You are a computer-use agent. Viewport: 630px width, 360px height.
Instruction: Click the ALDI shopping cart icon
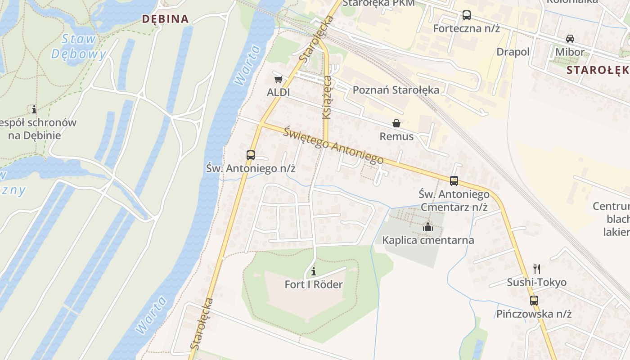(x=278, y=80)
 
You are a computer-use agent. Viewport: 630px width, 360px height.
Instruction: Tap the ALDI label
(x=279, y=93)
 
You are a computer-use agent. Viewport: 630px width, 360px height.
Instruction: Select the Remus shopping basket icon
(x=396, y=123)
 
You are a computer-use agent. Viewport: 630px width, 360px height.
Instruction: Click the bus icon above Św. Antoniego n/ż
(x=251, y=155)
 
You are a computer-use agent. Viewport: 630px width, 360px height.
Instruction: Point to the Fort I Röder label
(x=314, y=284)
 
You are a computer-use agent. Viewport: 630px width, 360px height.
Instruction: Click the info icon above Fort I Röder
(x=314, y=271)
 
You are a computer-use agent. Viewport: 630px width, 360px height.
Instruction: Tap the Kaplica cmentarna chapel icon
(x=427, y=227)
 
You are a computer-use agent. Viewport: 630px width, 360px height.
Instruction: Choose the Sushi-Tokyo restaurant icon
(x=536, y=269)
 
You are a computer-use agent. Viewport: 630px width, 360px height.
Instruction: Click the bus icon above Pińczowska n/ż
(x=534, y=300)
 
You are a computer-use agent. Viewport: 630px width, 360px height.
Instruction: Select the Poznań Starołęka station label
(x=396, y=90)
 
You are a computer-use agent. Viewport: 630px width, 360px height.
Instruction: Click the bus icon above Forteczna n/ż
(x=467, y=15)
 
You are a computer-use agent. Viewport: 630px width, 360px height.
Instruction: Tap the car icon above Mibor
(x=570, y=39)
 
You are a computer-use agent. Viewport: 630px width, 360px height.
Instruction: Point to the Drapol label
(x=513, y=52)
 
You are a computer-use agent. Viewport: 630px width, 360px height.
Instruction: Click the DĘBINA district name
(x=165, y=19)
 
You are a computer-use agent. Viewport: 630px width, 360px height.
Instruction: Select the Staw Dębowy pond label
(x=79, y=46)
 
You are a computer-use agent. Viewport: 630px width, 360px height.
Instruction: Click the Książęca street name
(x=327, y=98)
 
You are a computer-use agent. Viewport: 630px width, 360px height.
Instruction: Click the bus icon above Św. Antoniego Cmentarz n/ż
(x=454, y=181)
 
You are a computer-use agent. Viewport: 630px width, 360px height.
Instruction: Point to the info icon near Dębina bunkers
(x=34, y=109)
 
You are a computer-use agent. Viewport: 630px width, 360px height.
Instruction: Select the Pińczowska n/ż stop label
(x=534, y=314)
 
